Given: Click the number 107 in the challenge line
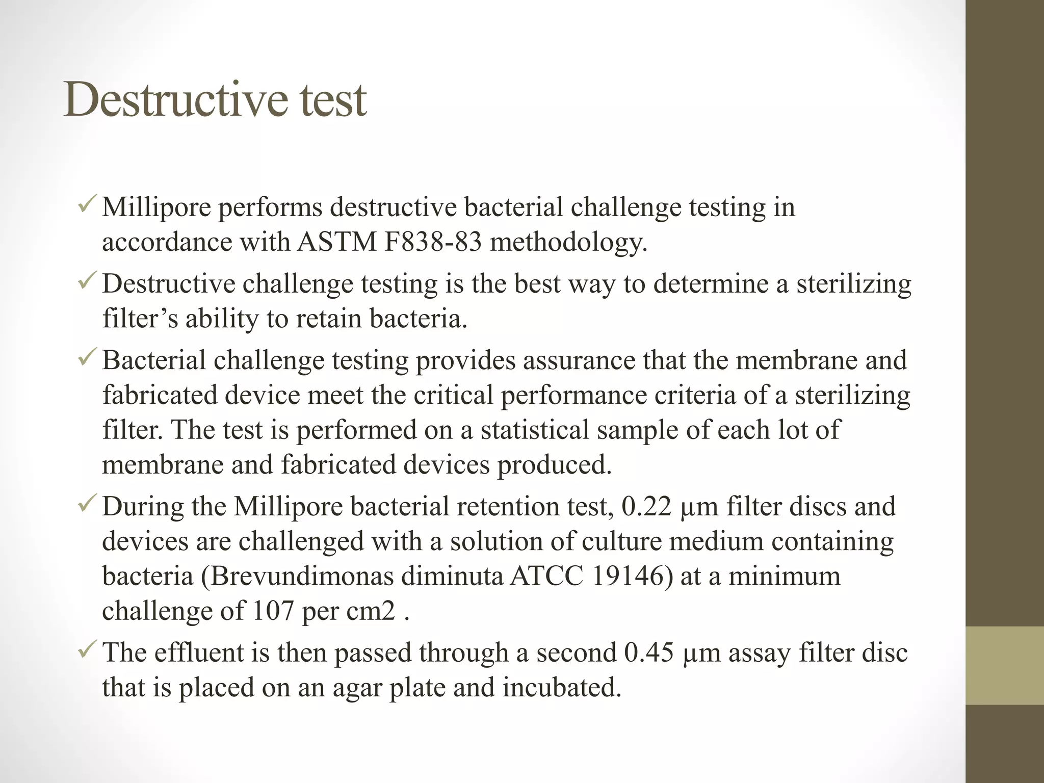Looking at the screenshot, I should pyautogui.click(x=273, y=611).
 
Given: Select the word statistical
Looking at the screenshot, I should pyautogui.click(x=535, y=430).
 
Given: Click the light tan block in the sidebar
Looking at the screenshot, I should pyautogui.click(x=1004, y=665).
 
